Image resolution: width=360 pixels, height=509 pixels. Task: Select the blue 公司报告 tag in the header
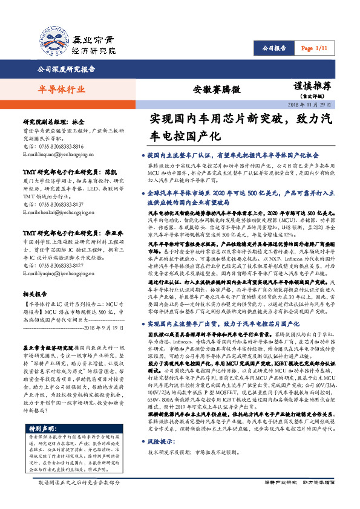point(276,48)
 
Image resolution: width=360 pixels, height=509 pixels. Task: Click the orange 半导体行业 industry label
point(57,89)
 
